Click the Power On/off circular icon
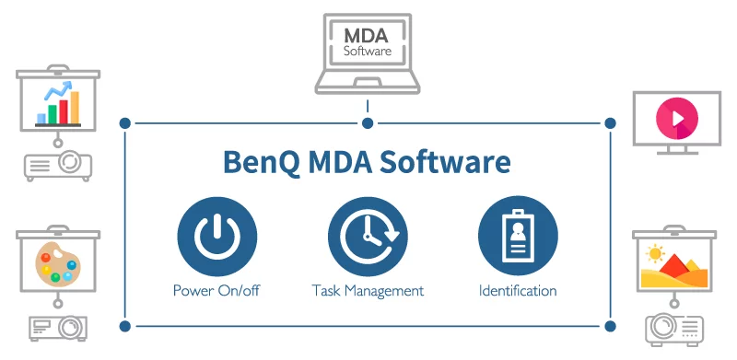click(x=217, y=237)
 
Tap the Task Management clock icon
click(x=368, y=237)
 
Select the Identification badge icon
click(x=518, y=237)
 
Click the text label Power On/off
click(x=216, y=290)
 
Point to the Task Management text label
click(x=368, y=291)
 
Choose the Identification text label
click(x=518, y=290)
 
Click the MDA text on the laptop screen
click(x=366, y=36)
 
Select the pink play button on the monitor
click(x=677, y=119)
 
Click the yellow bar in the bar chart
click(x=75, y=108)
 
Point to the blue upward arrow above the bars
click(x=58, y=90)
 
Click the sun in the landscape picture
click(x=654, y=254)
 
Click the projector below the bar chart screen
click(x=58, y=166)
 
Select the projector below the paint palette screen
click(x=58, y=328)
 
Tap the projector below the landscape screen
click(x=674, y=330)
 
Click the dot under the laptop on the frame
click(x=368, y=123)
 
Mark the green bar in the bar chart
click(x=53, y=114)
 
